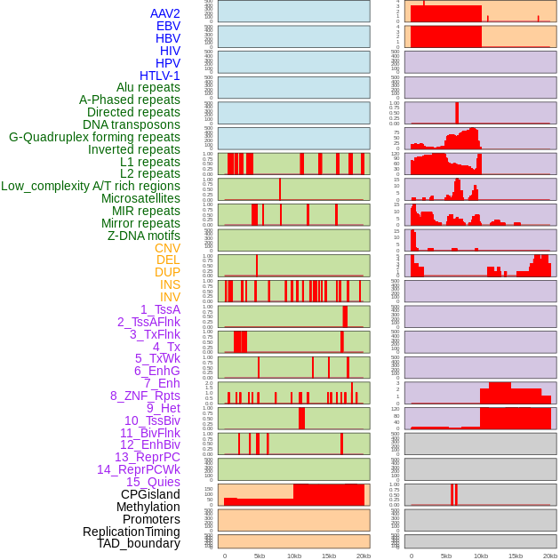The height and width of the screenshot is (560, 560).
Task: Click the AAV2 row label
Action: pyautogui.click(x=165, y=13)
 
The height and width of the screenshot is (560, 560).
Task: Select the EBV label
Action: pyautogui.click(x=168, y=26)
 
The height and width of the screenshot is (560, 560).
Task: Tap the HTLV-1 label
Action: pyautogui.click(x=160, y=76)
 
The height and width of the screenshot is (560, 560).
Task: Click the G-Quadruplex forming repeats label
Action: pyautogui.click(x=94, y=137)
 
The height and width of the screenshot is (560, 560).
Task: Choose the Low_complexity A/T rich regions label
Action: pyautogui.click(x=91, y=186)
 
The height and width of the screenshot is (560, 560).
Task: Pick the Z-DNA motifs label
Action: pyautogui.click(x=144, y=236)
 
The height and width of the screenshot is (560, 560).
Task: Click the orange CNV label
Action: pyautogui.click(x=167, y=248)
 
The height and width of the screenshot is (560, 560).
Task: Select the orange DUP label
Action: pyautogui.click(x=167, y=272)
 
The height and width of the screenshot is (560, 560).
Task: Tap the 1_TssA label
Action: pyautogui.click(x=160, y=309)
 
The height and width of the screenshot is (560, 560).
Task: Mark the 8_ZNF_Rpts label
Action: pyautogui.click(x=145, y=396)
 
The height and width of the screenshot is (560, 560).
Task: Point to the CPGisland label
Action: pyautogui.click(x=150, y=494)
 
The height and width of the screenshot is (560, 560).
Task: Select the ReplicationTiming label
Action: pyautogui.click(x=132, y=532)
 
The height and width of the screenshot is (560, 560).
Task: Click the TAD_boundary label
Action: pyautogui.click(x=139, y=543)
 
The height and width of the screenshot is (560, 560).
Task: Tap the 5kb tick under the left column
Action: pyautogui.click(x=260, y=556)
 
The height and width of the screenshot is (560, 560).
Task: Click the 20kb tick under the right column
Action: pyautogui.click(x=550, y=556)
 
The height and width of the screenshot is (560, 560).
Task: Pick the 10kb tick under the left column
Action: pyautogui.click(x=294, y=556)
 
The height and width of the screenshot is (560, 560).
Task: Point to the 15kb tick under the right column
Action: pyautogui.click(x=516, y=556)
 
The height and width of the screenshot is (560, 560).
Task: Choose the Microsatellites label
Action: pyautogui.click(x=140, y=198)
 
